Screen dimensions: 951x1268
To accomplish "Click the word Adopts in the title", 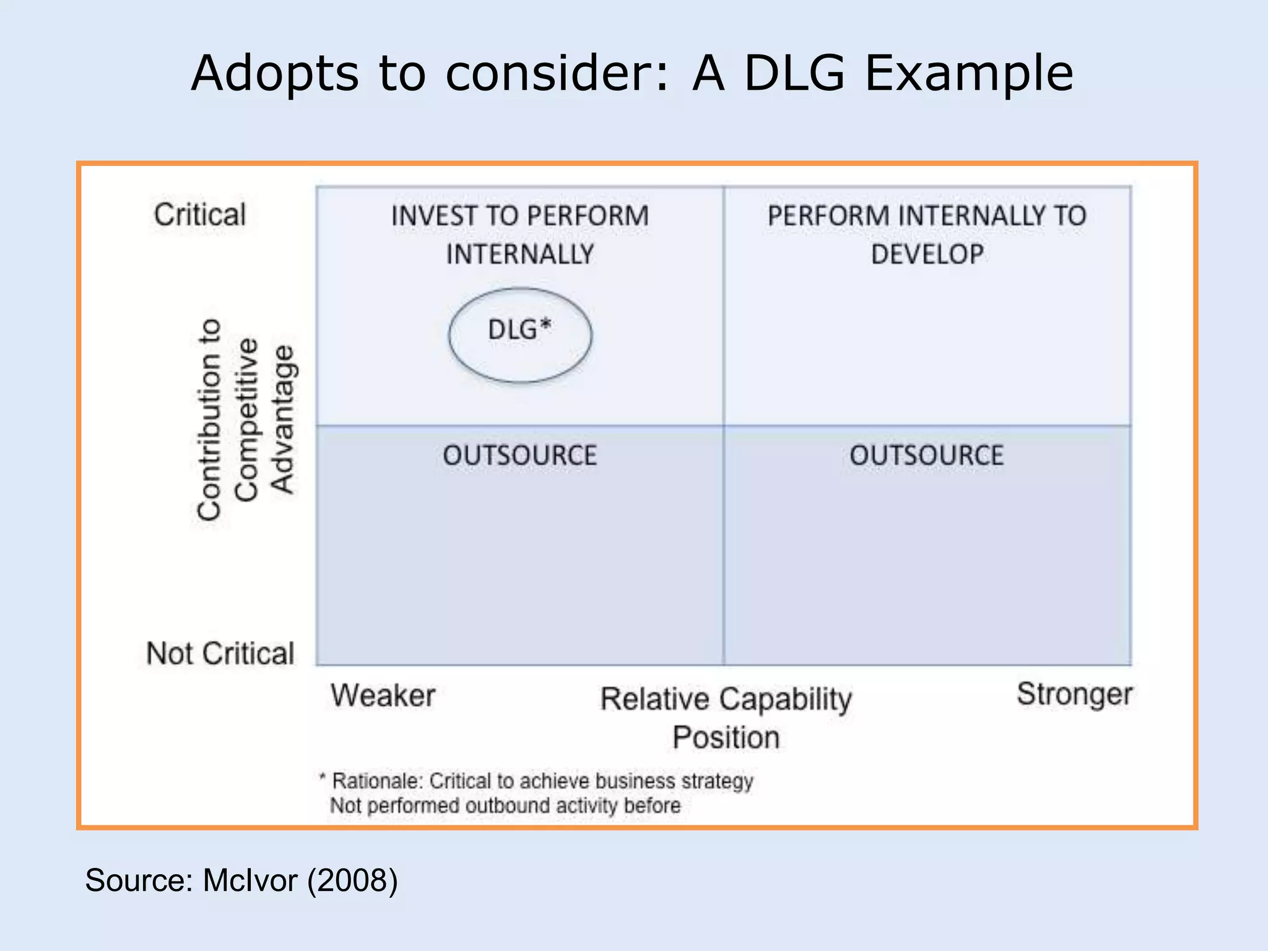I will (x=274, y=74).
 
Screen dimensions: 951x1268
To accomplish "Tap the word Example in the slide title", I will (x=968, y=74).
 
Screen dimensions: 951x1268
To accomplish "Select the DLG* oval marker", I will (x=520, y=334).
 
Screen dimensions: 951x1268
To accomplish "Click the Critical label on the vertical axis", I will (x=200, y=215).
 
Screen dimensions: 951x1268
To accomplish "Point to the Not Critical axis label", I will (x=220, y=654).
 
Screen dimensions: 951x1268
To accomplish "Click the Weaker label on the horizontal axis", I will (x=383, y=695).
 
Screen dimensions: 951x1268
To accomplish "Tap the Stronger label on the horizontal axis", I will (x=1074, y=694).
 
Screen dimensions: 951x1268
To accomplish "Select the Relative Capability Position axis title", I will (x=726, y=718).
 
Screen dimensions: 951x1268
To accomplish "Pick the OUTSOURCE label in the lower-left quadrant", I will (x=519, y=456).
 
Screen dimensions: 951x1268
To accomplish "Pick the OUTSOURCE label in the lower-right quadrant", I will (x=926, y=456).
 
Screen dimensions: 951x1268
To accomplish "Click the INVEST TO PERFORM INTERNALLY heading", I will (x=519, y=235).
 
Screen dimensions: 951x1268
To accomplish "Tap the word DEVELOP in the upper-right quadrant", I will (x=927, y=254).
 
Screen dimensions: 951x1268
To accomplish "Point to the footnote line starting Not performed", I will (x=505, y=806).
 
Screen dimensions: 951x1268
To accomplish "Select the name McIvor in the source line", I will (x=250, y=880).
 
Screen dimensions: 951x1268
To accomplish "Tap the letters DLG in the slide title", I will (x=794, y=74).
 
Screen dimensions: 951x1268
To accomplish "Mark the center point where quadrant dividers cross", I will (x=724, y=425).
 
